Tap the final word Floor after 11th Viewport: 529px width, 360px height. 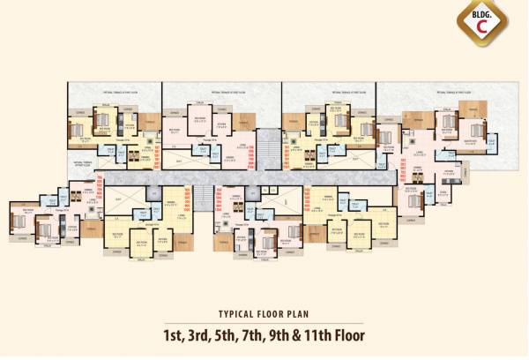click(x=351, y=336)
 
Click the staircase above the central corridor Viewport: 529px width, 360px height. click(x=267, y=145)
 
